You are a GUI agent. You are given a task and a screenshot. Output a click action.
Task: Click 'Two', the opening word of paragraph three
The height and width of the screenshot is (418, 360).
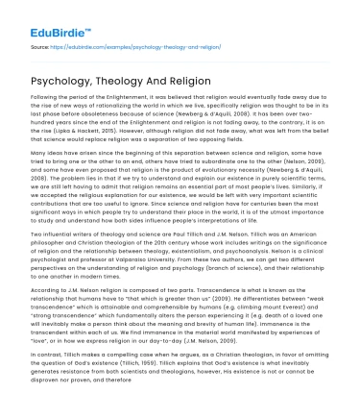point(37,253)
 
